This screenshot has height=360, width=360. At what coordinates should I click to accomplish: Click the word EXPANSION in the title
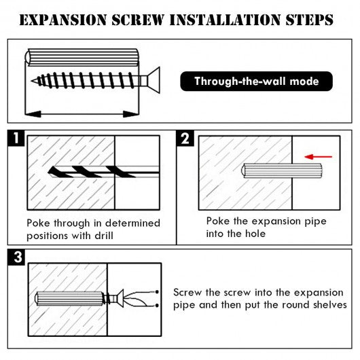pos(63,20)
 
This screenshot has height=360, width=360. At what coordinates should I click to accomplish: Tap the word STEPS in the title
pos(309,20)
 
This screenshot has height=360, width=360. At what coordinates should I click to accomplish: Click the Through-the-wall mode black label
pos(257,82)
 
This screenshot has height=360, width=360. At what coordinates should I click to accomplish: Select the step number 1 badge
pos(16,138)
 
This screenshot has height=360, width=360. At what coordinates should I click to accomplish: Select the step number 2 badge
pos(185,138)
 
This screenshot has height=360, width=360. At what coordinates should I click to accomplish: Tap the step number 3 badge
pos(16,257)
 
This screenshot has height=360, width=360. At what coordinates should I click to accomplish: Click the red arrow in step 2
pos(318,157)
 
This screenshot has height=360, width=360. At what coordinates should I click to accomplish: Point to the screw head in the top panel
pos(154,80)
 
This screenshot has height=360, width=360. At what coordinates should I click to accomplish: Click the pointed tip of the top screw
pos(32,81)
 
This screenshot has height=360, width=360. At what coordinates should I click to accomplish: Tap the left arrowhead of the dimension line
pos(33,114)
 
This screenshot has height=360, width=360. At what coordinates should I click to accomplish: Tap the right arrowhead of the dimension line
pos(131,114)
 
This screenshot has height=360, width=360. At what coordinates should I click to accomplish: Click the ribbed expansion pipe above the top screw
pos(82,58)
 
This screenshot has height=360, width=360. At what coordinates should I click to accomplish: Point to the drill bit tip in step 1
pos(50,172)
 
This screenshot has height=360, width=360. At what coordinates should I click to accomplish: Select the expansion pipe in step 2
pos(282,170)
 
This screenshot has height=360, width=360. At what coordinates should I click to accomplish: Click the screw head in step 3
pos(120,299)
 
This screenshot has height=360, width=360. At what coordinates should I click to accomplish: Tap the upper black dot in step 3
pos(157,292)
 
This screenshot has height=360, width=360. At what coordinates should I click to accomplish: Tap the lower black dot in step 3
pos(157,306)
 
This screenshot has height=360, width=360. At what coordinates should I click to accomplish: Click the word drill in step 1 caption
pos(104,236)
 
